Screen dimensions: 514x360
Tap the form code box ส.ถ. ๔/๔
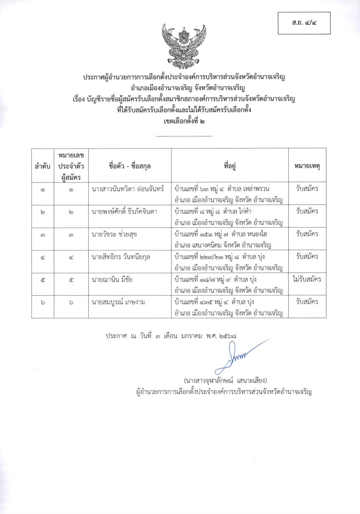pyautogui.click(x=304, y=23)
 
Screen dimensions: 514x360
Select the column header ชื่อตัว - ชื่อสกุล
pyautogui.click(x=130, y=166)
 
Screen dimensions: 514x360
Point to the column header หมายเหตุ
pyautogui.click(x=307, y=166)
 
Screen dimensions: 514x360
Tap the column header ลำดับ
pyautogui.click(x=43, y=166)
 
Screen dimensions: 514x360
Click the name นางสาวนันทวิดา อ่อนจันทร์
pyautogui.click(x=128, y=189)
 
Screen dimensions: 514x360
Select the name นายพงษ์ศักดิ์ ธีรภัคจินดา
pyautogui.click(x=124, y=212)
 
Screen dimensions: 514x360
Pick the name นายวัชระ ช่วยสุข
pyautogui.click(x=114, y=234)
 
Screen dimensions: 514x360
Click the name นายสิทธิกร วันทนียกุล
pyautogui.click(x=121, y=257)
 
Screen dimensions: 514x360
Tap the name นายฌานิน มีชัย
pyautogui.click(x=112, y=280)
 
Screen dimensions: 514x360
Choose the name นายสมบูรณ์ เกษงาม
pyautogui.click(x=118, y=302)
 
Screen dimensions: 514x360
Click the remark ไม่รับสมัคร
pyautogui.click(x=307, y=279)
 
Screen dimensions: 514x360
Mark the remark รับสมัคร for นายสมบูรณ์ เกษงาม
pyautogui.click(x=307, y=302)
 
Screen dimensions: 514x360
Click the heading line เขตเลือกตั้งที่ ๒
pyautogui.click(x=184, y=122)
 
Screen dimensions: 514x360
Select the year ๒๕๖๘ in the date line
pyautogui.click(x=228, y=336)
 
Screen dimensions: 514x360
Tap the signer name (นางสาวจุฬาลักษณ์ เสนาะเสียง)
pyautogui.click(x=225, y=381)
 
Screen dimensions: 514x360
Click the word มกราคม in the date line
pyautogui.click(x=192, y=336)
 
